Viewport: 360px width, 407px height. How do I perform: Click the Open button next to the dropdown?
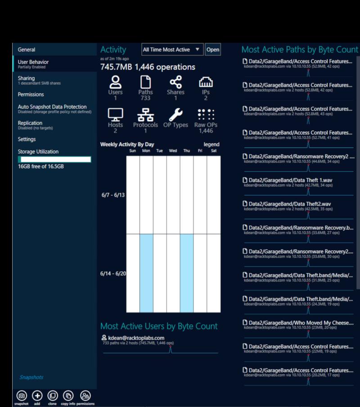[213, 50]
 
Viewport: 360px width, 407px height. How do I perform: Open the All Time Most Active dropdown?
[173, 50]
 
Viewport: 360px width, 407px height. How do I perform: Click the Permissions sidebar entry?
[31, 95]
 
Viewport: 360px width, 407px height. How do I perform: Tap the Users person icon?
[116, 82]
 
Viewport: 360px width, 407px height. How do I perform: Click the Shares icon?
[175, 82]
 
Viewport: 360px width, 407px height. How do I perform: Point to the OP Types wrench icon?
[175, 114]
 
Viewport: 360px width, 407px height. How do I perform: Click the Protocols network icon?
[145, 114]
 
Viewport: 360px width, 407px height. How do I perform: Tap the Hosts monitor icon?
[115, 114]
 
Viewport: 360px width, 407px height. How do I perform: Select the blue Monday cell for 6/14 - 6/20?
[146, 273]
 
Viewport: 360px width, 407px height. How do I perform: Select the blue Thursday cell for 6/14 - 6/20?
[187, 273]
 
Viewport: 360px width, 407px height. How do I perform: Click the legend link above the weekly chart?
[211, 145]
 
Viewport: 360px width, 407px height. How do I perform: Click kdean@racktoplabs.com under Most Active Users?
[136, 338]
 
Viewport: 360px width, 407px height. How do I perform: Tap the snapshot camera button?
[22, 396]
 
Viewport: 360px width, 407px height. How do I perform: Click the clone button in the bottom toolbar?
[52, 396]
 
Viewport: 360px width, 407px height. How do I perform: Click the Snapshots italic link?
[31, 377]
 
